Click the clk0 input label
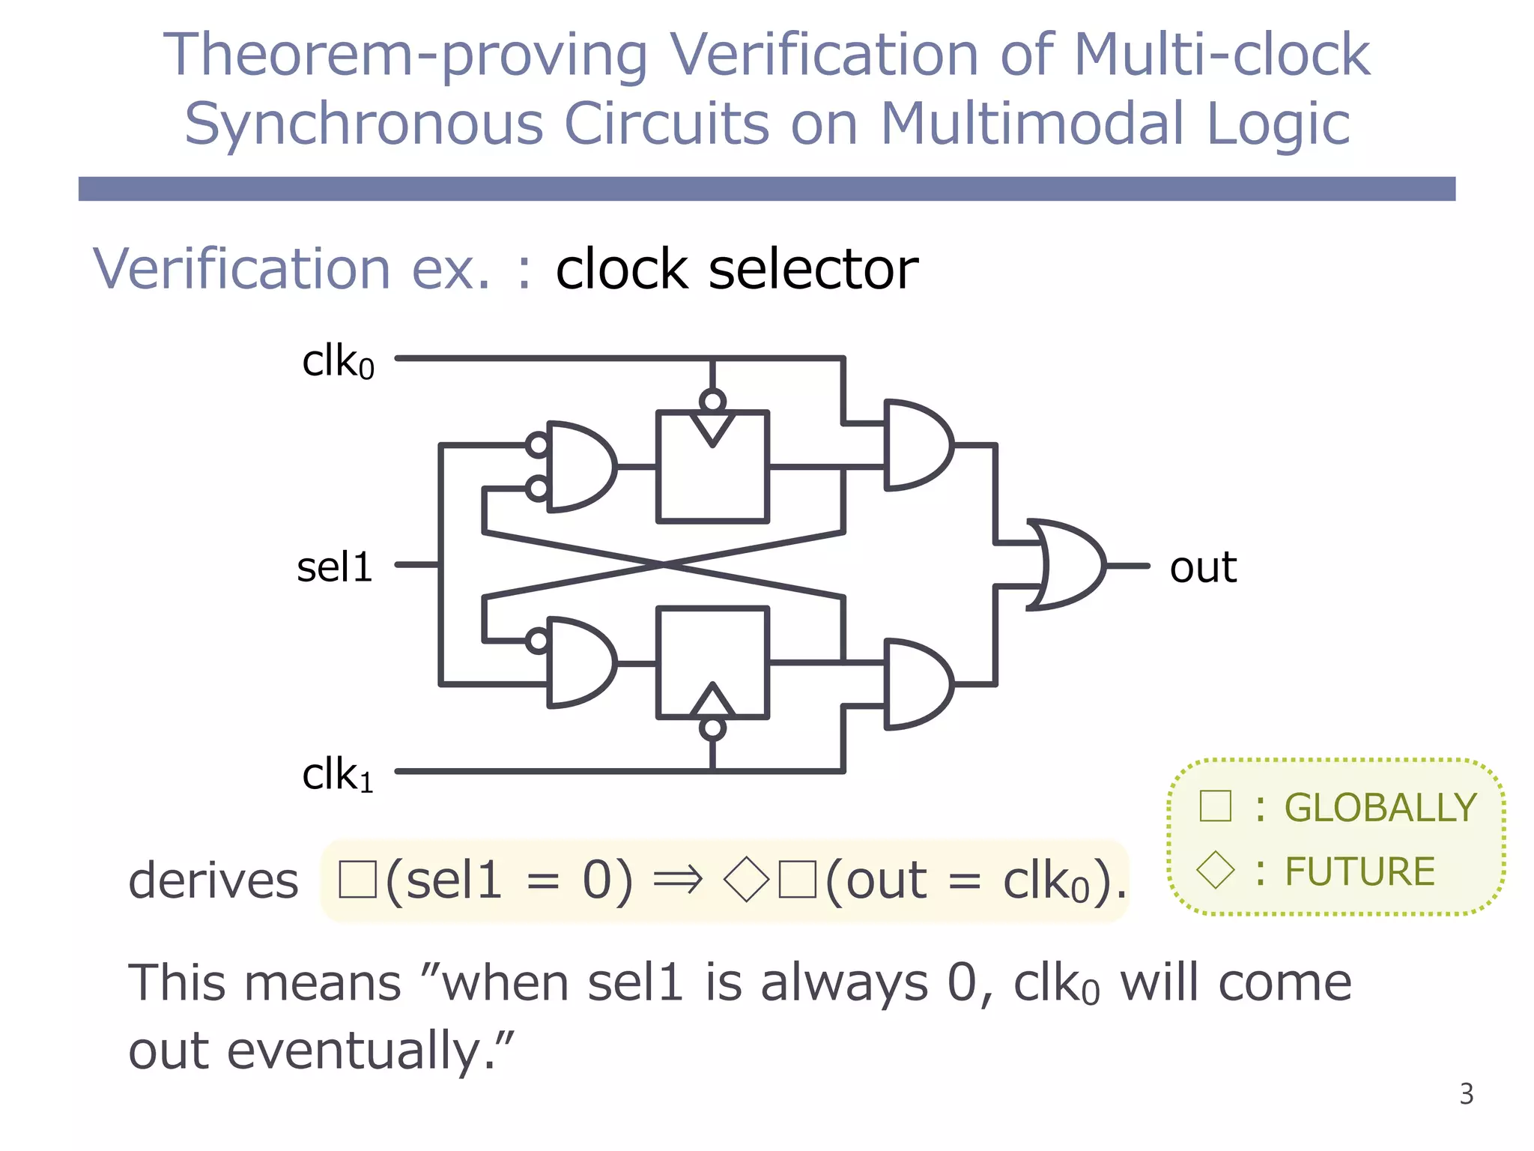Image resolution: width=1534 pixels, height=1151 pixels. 338,363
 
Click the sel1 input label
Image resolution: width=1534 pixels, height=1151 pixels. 335,567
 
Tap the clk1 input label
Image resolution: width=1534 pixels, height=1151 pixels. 338,774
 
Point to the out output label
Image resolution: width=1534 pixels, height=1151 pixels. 1203,567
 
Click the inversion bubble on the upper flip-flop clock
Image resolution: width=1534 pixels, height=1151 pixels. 712,401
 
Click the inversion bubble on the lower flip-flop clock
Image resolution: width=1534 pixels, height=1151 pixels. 712,728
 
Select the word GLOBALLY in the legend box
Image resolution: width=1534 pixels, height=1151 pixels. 1380,808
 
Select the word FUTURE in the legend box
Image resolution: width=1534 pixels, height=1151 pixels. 1359,871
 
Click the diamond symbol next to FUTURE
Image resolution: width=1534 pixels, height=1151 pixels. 1215,871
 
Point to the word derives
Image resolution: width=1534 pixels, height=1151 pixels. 213,880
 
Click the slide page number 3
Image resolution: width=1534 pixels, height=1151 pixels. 1466,1095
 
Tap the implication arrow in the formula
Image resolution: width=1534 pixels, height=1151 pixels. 678,880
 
